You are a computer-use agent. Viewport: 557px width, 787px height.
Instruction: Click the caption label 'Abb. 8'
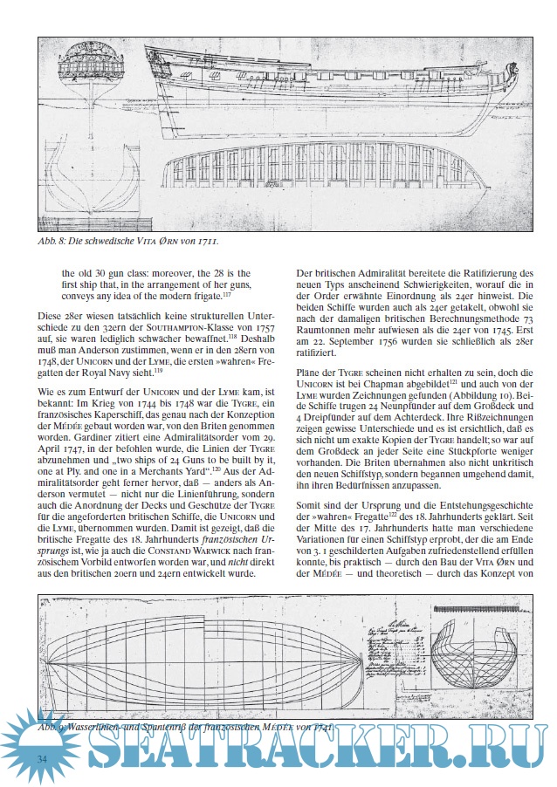point(52,239)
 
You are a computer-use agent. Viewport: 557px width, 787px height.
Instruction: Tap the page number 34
point(41,759)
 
